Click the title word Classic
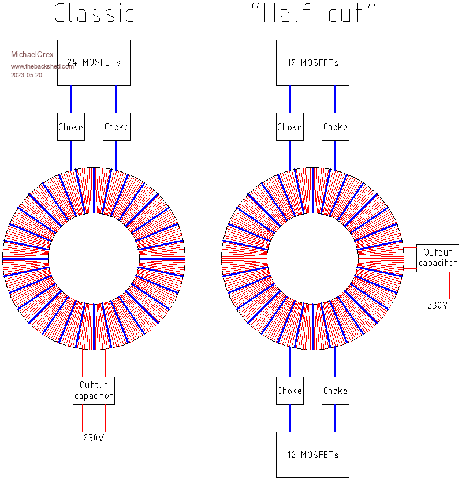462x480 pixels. (x=94, y=14)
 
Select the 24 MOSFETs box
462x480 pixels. (x=94, y=62)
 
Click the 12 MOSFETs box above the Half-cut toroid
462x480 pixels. (x=312, y=62)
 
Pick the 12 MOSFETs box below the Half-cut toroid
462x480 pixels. (x=312, y=455)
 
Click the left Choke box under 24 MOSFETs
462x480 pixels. (x=71, y=127)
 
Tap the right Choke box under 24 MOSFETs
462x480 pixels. (x=117, y=127)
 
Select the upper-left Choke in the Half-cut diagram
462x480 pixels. (x=290, y=127)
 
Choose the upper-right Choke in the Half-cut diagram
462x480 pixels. (x=336, y=127)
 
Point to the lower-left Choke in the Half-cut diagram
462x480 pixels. (x=290, y=391)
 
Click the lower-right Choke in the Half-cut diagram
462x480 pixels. (x=336, y=391)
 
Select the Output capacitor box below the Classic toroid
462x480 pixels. (x=94, y=391)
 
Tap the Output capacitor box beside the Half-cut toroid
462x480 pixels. (x=438, y=258)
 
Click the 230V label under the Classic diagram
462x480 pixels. (x=94, y=438)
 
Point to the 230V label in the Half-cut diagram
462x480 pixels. (x=437, y=305)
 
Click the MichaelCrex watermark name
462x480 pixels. (x=32, y=55)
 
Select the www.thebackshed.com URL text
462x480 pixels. (x=42, y=66)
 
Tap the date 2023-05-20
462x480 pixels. (x=27, y=75)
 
